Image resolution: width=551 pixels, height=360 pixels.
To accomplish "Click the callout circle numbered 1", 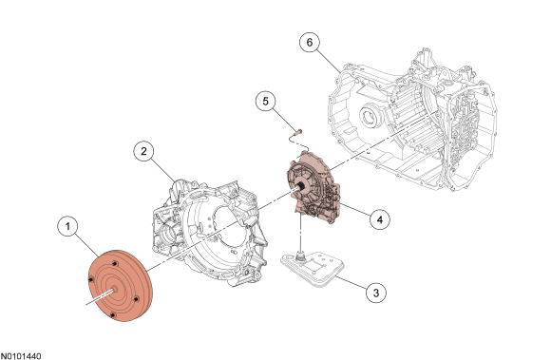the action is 67,226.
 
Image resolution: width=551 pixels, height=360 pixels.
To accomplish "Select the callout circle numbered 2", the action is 143,151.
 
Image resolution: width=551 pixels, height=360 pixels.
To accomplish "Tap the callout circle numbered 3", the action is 376,293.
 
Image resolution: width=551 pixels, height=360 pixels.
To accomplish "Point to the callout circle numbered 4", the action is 380,219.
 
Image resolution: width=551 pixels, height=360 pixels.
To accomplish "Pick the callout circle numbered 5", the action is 266,101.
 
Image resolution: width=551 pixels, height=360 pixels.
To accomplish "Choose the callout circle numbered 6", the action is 310,42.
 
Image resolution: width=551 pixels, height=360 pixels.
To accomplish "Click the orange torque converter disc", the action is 120,286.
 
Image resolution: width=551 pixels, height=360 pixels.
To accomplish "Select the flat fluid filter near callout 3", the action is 313,269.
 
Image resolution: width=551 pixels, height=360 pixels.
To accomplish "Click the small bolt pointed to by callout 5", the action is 299,133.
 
